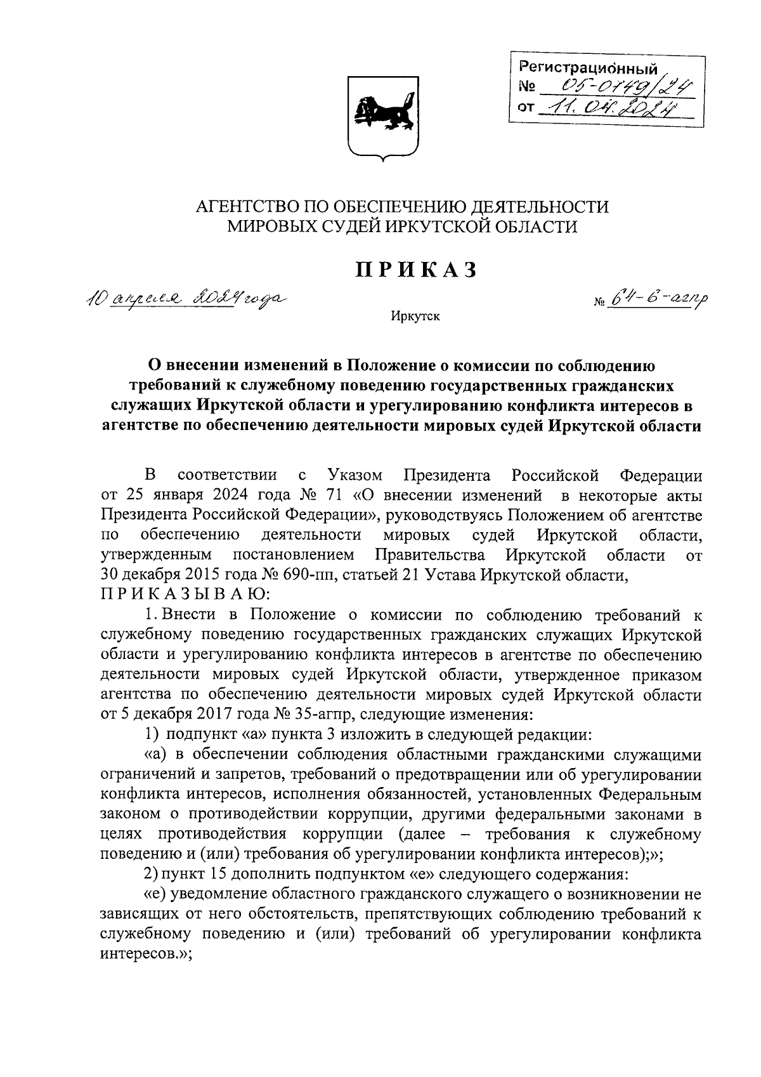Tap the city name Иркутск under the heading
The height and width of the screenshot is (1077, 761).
pyautogui.click(x=415, y=316)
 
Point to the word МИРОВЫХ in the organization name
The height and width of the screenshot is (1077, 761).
pyautogui.click(x=271, y=226)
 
